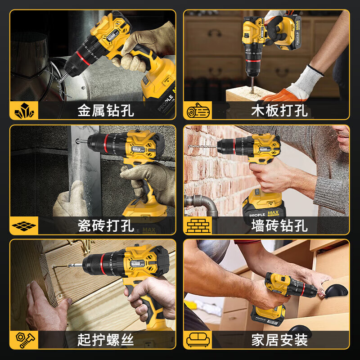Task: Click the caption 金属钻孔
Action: (x=106, y=111)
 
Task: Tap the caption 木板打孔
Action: (x=279, y=111)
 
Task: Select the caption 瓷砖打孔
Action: (x=106, y=225)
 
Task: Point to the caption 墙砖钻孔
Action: (x=279, y=225)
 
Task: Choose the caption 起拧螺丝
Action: (x=106, y=340)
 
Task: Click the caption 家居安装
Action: (x=279, y=340)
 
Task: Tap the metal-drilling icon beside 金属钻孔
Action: (x=24, y=111)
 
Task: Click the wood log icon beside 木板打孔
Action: (x=197, y=111)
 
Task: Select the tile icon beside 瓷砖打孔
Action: (x=24, y=225)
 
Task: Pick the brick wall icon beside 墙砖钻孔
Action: (x=197, y=225)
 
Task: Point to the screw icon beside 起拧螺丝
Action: (x=24, y=340)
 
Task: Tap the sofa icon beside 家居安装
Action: (x=197, y=340)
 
